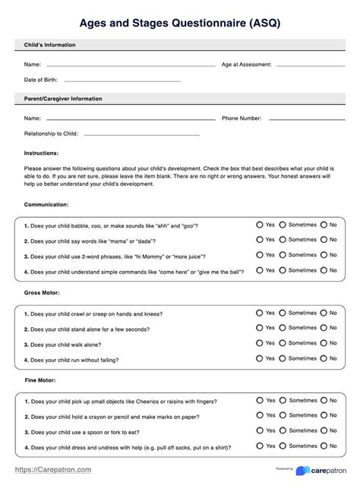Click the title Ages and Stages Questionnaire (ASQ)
click(180, 23)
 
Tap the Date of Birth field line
click(122, 80)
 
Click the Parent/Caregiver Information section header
click(63, 99)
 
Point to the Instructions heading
click(41, 153)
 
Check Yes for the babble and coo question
click(260, 225)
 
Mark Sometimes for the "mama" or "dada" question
click(283, 240)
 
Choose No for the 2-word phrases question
click(324, 255)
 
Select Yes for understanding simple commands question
click(260, 269)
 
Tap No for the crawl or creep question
click(324, 313)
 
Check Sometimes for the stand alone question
click(283, 328)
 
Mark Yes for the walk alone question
click(260, 342)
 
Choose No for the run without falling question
click(324, 358)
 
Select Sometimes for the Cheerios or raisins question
click(283, 400)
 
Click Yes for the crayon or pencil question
click(260, 415)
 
